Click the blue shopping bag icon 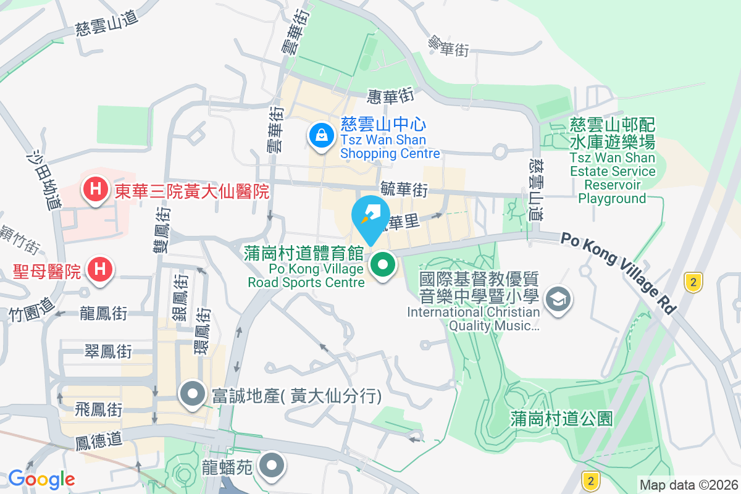tap(321, 133)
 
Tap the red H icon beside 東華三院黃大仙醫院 tap(96, 190)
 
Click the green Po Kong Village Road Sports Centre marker tap(383, 266)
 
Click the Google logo tap(41, 479)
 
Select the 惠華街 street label tap(390, 96)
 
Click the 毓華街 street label tap(404, 190)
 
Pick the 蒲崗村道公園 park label tap(562, 419)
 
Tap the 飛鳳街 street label tap(98, 409)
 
